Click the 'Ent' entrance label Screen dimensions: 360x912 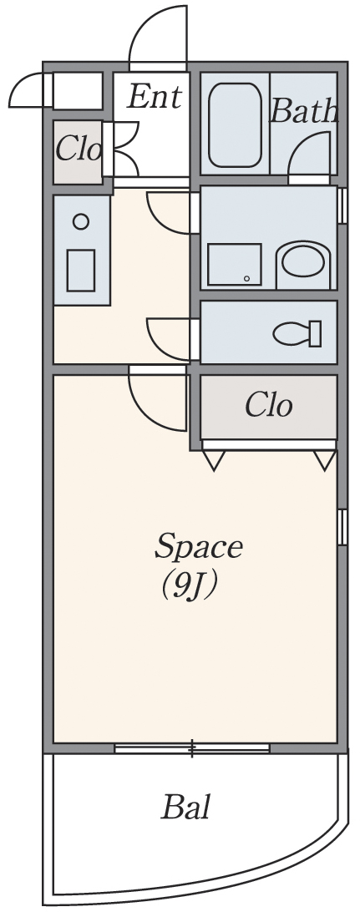click(x=155, y=96)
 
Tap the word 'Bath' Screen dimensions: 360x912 click(x=304, y=110)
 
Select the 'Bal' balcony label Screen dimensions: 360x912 click(x=185, y=807)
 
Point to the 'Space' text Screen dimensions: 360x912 click(x=198, y=547)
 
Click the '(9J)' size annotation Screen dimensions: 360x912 click(x=190, y=585)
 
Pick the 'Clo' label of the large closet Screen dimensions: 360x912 click(x=268, y=405)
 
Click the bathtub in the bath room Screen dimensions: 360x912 click(x=235, y=125)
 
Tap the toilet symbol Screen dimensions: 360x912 click(x=297, y=333)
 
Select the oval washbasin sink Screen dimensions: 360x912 click(x=303, y=261)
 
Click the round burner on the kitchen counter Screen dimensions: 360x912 click(x=81, y=221)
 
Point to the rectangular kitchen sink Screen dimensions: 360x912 click(x=81, y=271)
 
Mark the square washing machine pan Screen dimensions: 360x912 click(x=235, y=265)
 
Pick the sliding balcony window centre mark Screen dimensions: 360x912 click(x=192, y=748)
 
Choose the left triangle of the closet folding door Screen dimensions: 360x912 click(x=215, y=460)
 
